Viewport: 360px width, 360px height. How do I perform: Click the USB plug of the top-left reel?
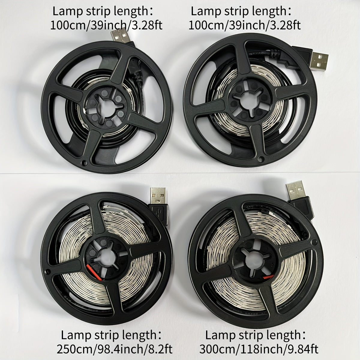pyautogui.click(x=121, y=36)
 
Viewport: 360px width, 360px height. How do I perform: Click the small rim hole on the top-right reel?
pyautogui.click(x=260, y=159)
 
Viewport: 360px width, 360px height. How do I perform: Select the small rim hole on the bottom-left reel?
pyautogui.click(x=47, y=271)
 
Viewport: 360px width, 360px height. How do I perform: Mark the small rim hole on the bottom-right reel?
pyautogui.click(x=315, y=242)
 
